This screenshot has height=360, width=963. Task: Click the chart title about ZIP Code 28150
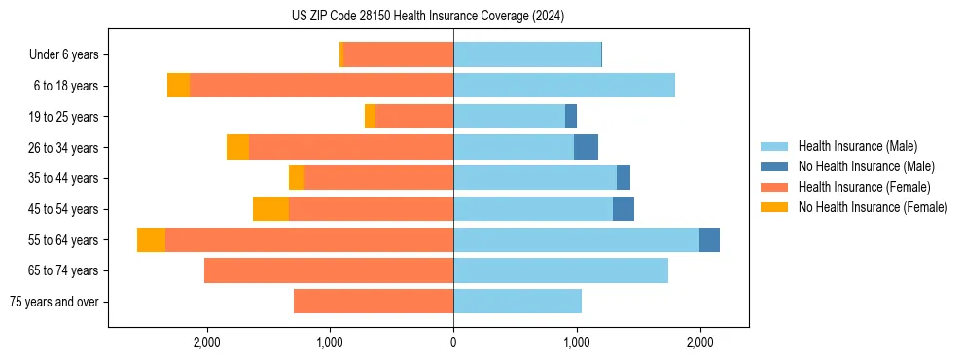click(x=428, y=17)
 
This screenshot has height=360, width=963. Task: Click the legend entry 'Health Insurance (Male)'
click(x=857, y=146)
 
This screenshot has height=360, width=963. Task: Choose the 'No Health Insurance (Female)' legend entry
click(x=873, y=207)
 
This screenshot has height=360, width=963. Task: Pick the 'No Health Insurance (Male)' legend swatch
click(x=774, y=166)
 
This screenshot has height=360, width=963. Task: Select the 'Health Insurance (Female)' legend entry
click(x=864, y=187)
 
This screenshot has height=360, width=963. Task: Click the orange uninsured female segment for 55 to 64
click(x=151, y=240)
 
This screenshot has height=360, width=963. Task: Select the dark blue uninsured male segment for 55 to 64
click(x=709, y=240)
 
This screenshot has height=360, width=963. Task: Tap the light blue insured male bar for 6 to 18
click(x=564, y=86)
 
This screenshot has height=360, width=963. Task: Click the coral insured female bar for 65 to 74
click(x=329, y=270)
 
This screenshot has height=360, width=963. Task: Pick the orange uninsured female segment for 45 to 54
click(x=270, y=209)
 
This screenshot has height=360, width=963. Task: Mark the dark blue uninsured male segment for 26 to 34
click(x=586, y=147)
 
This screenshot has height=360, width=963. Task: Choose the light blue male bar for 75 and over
click(x=517, y=302)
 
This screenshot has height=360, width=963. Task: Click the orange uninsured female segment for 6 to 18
click(x=178, y=86)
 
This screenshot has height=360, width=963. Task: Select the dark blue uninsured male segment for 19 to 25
click(x=571, y=117)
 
